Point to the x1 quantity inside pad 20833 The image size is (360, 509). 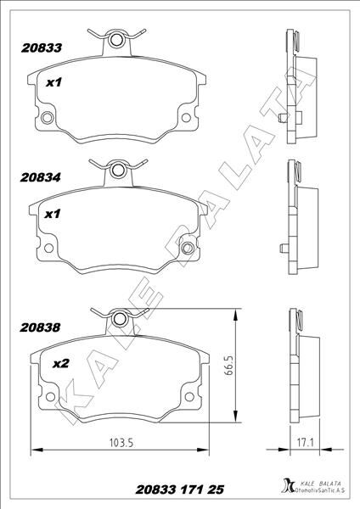point(54,82)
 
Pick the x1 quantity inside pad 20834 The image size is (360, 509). point(54,215)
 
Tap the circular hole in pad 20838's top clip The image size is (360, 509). point(120,319)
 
